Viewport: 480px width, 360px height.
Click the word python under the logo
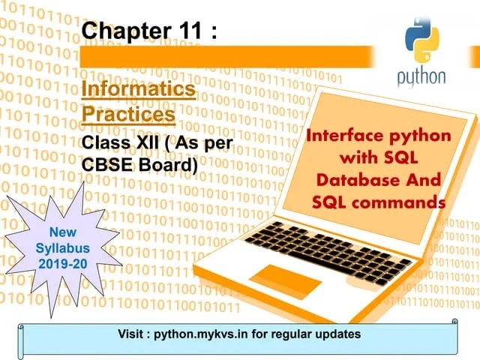[421, 77]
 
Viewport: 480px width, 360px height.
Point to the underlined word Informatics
[139, 90]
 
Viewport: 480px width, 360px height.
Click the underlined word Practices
[129, 115]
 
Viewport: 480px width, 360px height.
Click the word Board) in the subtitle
[167, 163]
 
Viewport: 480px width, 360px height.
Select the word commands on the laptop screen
[402, 202]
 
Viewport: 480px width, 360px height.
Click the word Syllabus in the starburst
[62, 247]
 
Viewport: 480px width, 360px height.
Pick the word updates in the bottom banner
[339, 333]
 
